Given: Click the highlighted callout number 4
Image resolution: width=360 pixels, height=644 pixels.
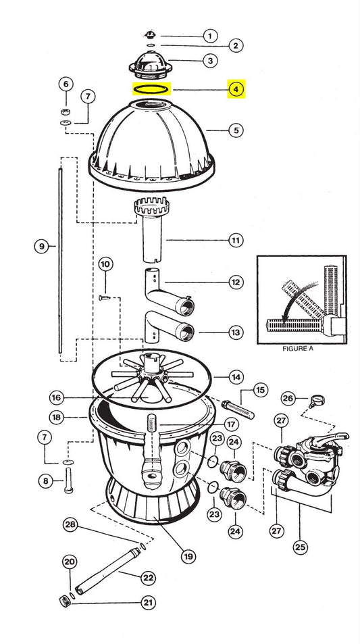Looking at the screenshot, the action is (x=236, y=89).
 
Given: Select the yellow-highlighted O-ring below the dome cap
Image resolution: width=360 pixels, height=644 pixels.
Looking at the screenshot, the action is (x=151, y=89).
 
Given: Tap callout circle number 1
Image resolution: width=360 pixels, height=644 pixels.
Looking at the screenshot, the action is (x=210, y=36).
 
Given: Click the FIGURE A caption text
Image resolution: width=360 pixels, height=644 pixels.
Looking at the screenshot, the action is (x=298, y=349).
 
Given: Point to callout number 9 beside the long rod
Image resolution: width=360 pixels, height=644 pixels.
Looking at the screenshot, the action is (x=41, y=247).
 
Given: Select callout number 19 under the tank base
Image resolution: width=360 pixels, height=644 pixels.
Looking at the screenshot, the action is (x=188, y=557).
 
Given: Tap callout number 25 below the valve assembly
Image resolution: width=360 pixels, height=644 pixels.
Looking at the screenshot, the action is (x=301, y=547).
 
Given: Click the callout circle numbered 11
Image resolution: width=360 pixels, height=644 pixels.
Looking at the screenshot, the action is (x=236, y=241).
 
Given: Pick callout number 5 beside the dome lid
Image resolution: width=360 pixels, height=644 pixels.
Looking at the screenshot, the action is (x=236, y=130).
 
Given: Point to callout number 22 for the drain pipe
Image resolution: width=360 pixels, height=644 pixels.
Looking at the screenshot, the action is (x=148, y=578).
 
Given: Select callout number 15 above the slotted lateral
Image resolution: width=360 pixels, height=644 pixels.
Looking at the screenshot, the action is (x=260, y=390).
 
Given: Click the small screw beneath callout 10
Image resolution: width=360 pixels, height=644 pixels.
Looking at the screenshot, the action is (x=104, y=297).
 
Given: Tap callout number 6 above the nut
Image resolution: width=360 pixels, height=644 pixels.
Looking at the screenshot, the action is (x=66, y=84).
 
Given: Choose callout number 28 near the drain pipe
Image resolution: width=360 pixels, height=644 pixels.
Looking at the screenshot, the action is (x=71, y=525).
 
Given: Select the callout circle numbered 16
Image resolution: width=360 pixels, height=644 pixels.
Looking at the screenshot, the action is (x=57, y=397).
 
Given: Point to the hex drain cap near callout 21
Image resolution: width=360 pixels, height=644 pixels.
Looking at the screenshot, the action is (x=65, y=601).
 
